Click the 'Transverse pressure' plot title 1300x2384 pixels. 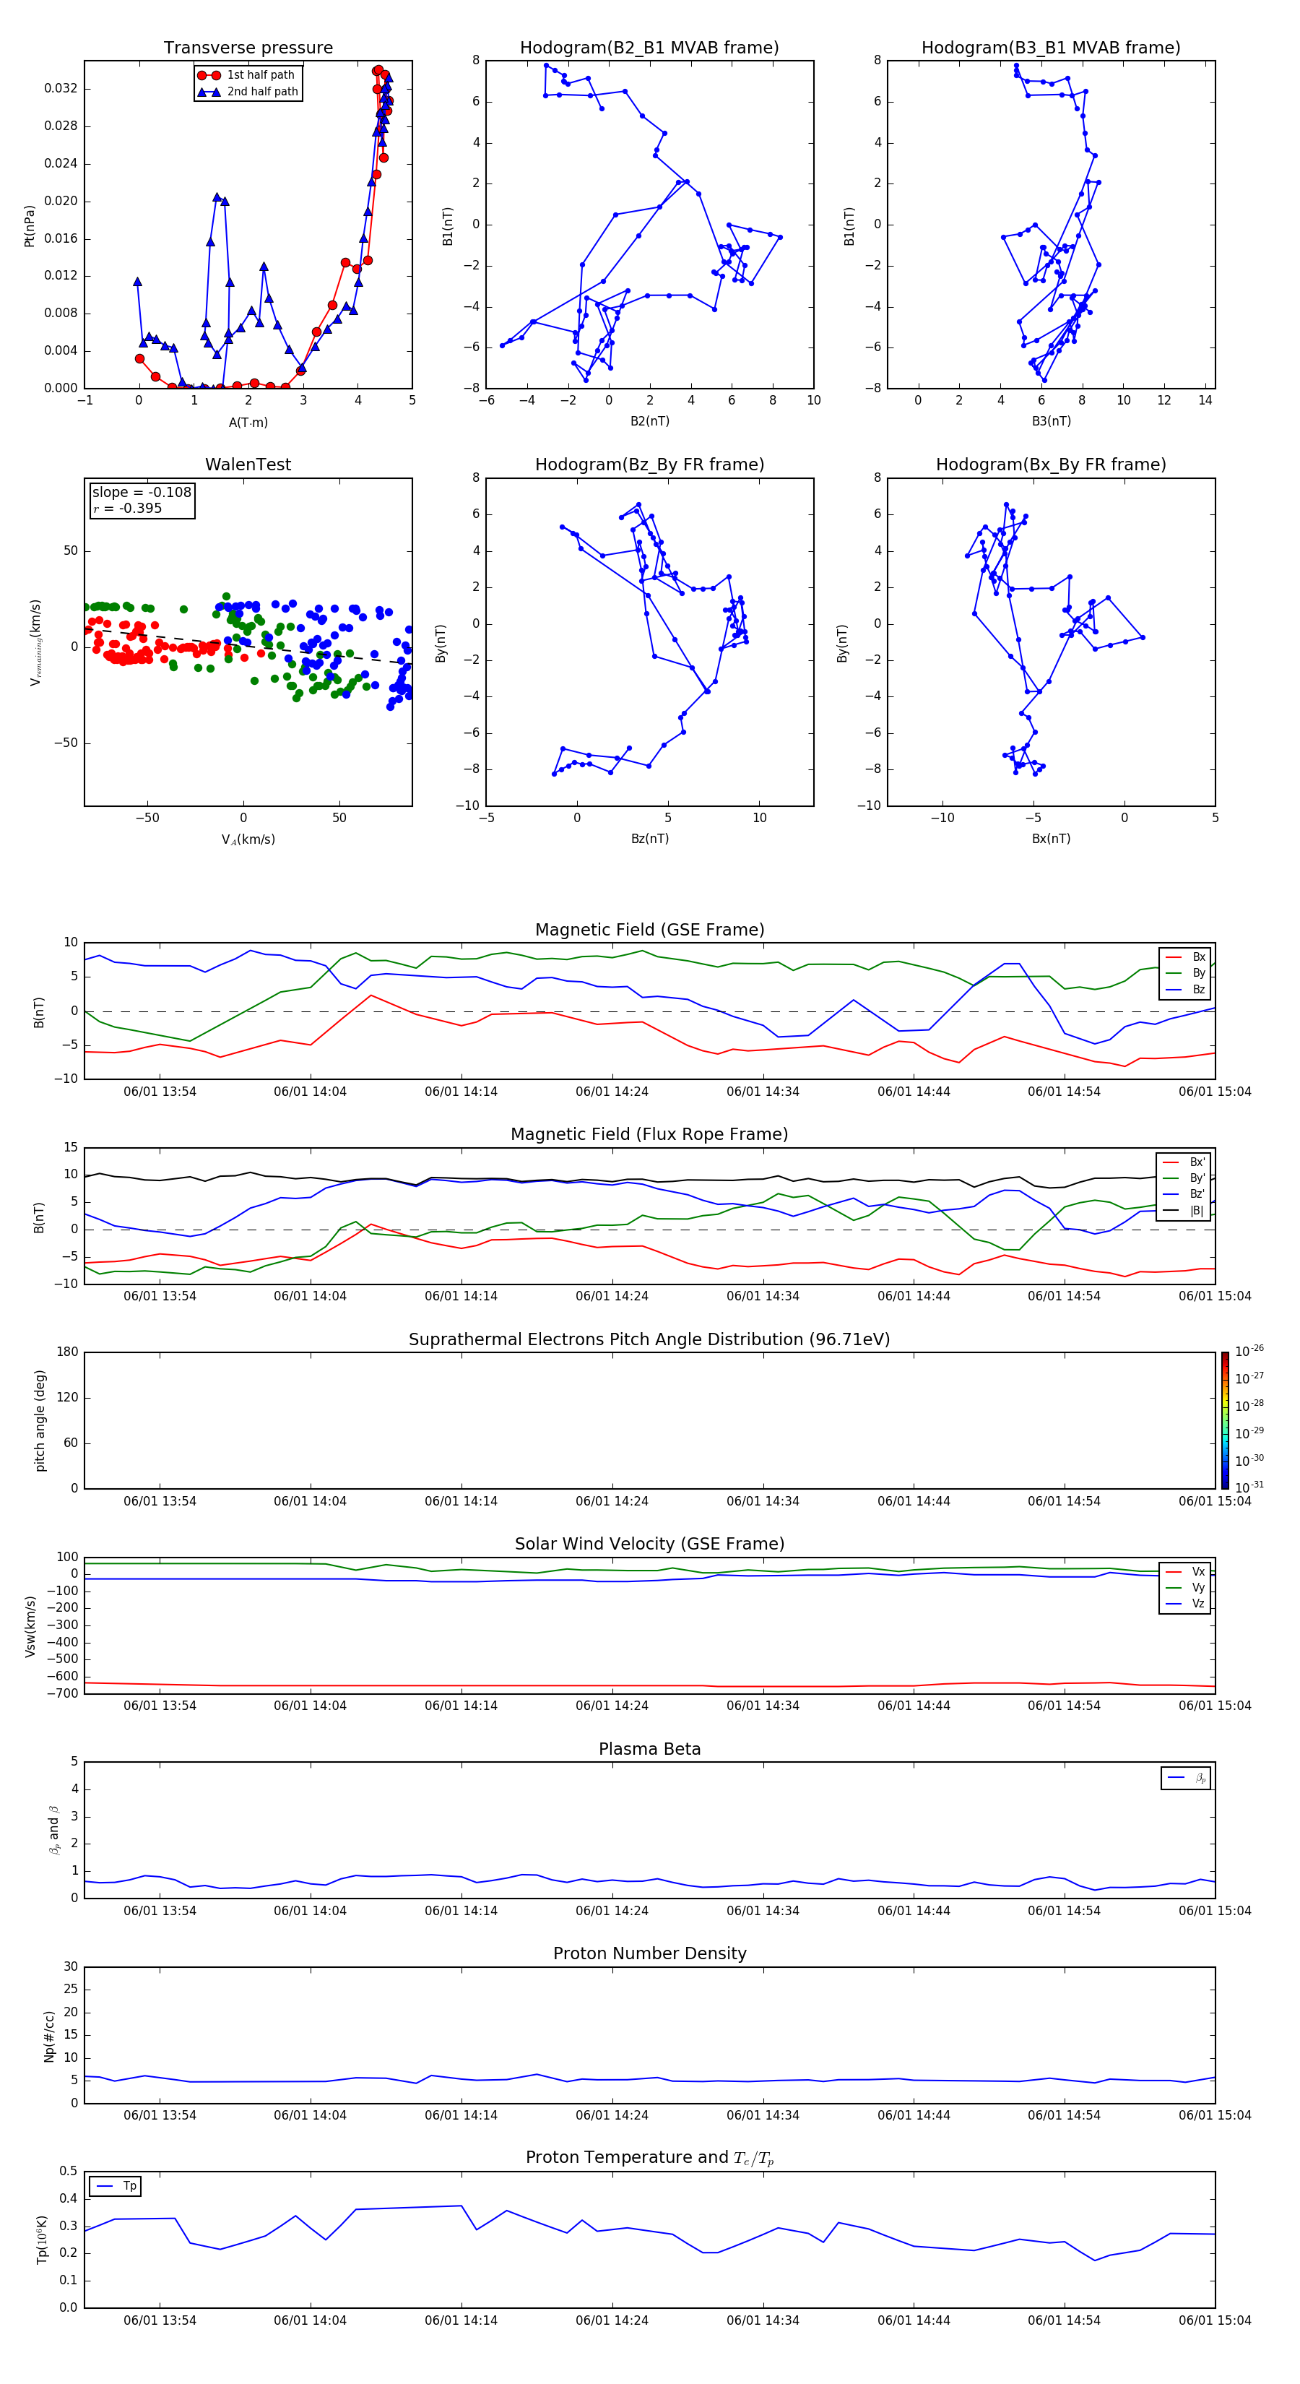tap(248, 48)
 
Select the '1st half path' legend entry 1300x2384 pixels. tap(260, 75)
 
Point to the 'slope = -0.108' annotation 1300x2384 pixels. tap(142, 493)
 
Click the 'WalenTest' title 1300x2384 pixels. tap(248, 465)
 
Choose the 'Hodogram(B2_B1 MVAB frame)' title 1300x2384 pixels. tap(649, 48)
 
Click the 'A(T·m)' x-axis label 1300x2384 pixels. tap(248, 422)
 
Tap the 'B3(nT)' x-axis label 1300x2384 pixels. tap(1051, 421)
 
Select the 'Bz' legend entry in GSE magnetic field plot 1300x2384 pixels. tap(1198, 989)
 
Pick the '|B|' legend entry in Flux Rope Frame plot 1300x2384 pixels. tap(1197, 1211)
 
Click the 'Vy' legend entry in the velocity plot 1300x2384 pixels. tap(1198, 1588)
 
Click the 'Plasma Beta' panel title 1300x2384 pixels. tap(649, 1749)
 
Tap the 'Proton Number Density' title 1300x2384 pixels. tap(649, 1953)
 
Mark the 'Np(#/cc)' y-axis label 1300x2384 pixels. tap(50, 2036)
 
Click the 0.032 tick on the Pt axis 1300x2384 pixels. tap(61, 89)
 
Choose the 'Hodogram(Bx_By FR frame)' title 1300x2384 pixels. tap(1050, 465)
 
